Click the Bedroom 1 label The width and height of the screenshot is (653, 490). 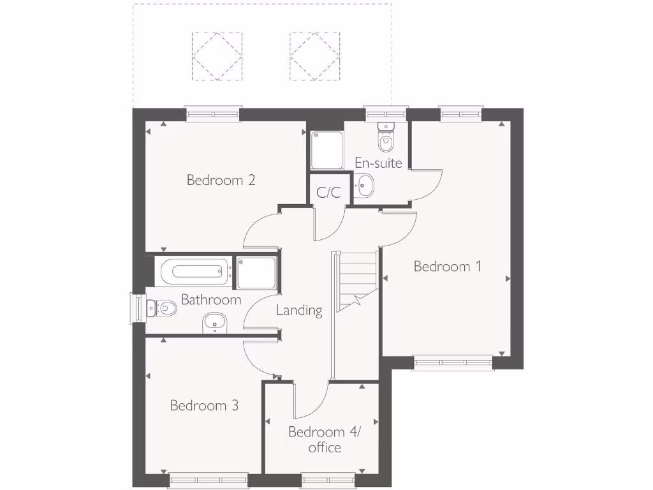point(447,266)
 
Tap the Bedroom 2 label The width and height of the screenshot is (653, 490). point(221,180)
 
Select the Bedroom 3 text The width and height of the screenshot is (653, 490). point(204,405)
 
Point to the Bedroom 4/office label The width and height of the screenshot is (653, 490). point(324,440)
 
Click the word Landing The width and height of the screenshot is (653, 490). point(298,311)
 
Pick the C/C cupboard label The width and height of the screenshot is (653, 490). point(328,192)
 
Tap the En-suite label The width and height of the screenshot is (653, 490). point(378,163)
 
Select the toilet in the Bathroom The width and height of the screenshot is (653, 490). point(161,309)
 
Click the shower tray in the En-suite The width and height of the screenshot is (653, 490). point(326,150)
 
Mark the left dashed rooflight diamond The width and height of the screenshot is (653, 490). point(217,57)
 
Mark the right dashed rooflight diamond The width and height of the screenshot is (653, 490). point(314,57)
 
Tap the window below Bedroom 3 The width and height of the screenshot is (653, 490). point(209,480)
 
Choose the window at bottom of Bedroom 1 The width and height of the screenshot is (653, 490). point(453,363)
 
